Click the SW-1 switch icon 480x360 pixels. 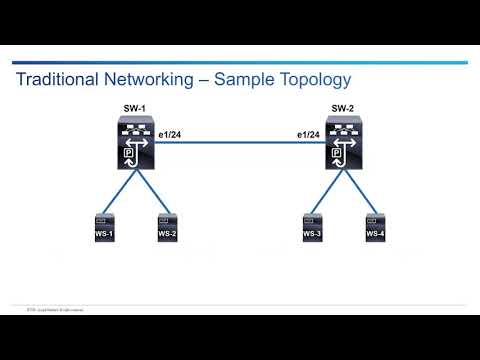(133, 146)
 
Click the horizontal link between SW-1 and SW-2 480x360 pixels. (240, 146)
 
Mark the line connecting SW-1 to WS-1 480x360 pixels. (116, 191)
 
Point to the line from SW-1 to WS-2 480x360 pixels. (150, 191)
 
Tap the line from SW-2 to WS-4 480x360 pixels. (362, 191)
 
